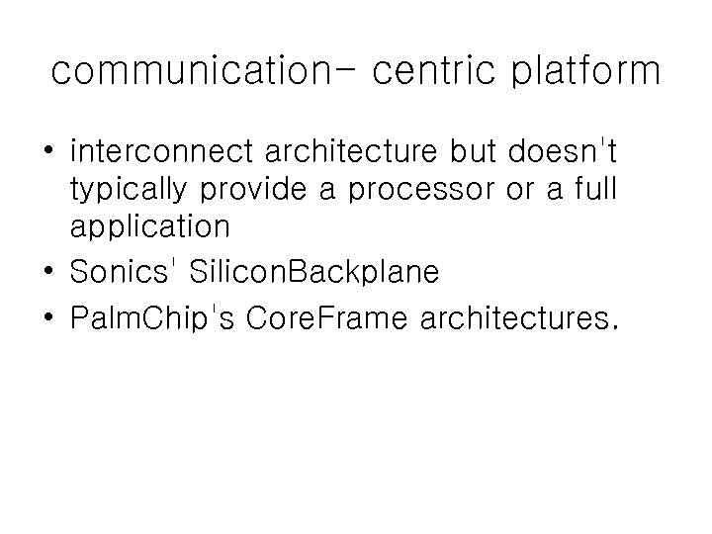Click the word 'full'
click(x=593, y=191)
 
